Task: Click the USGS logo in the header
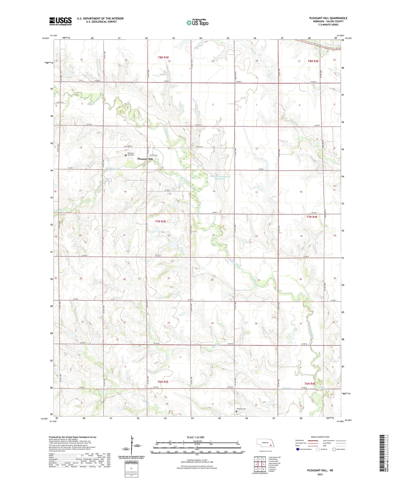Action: [60, 21]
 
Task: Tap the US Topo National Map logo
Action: [197, 23]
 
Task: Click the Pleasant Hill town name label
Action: [145, 159]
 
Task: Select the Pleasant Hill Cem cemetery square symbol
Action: [126, 155]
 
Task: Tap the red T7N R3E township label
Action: [160, 221]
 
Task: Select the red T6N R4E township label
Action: [310, 383]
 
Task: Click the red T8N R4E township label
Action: [313, 61]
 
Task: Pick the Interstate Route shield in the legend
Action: [298, 449]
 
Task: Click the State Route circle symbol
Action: [334, 449]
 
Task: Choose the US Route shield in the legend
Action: [318, 449]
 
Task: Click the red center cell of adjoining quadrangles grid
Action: [260, 464]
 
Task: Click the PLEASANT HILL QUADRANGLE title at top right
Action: [328, 18]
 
